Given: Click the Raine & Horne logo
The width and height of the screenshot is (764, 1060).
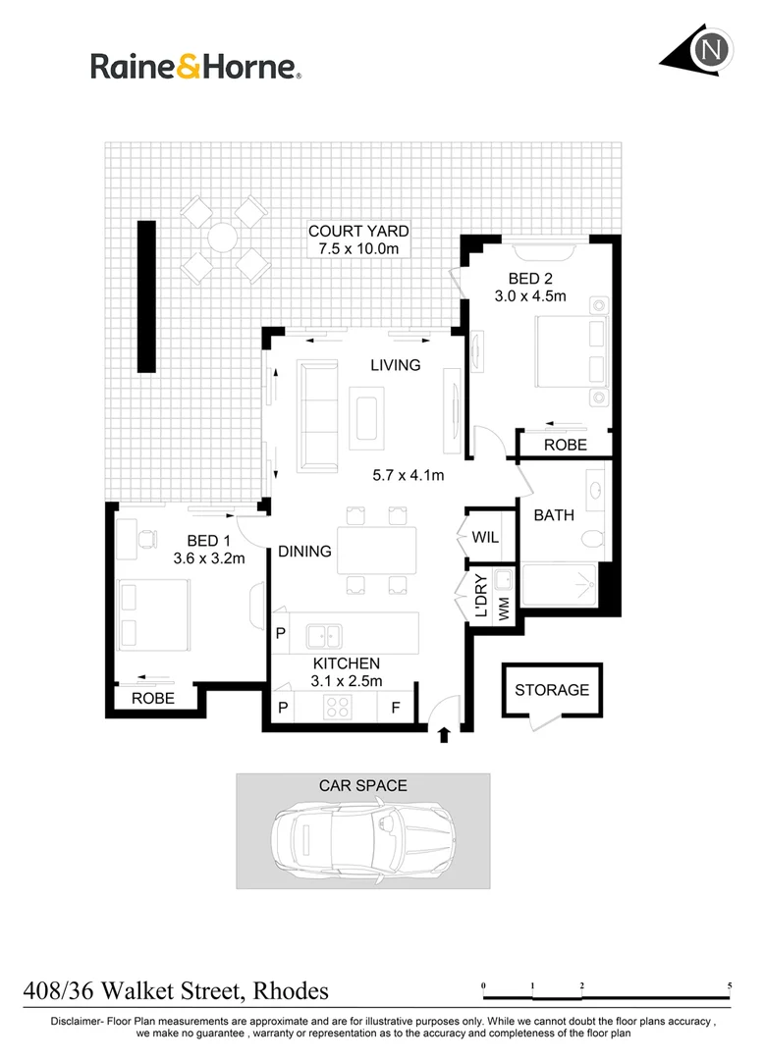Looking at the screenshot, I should pos(195,67).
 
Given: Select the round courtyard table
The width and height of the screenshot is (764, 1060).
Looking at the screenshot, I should pos(223,238).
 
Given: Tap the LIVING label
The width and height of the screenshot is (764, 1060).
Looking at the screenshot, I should pos(395,365).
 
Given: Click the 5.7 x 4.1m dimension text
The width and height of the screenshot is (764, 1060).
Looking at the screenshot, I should pos(409,476).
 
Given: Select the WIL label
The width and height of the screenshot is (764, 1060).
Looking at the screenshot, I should pos(486,538).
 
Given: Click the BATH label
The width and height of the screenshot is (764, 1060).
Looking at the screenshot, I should pos(554,515).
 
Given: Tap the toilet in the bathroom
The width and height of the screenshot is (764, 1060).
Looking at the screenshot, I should pos(591,539).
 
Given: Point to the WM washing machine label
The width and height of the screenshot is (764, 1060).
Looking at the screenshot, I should pos(504,609).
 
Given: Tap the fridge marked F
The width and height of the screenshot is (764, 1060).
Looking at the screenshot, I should pos(396,707).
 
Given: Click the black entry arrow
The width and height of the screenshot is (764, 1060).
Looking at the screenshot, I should pos(443,734).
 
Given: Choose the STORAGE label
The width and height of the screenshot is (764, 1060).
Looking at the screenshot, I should pos(552,690).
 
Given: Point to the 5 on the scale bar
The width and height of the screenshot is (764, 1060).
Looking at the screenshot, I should pos(729,983).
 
